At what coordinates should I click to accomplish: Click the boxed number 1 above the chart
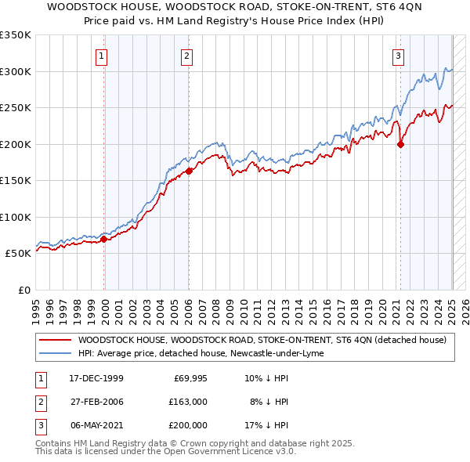[103, 56]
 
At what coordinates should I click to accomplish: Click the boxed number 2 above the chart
[187, 56]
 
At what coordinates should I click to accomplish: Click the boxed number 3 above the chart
[398, 56]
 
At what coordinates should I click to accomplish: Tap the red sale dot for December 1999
[104, 239]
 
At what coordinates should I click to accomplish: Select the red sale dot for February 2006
[189, 171]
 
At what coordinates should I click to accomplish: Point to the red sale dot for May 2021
[400, 144]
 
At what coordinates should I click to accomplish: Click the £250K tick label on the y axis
[16, 108]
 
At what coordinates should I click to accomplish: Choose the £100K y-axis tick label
[16, 217]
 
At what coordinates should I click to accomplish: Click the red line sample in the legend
[54, 340]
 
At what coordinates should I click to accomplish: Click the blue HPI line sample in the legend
[54, 353]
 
